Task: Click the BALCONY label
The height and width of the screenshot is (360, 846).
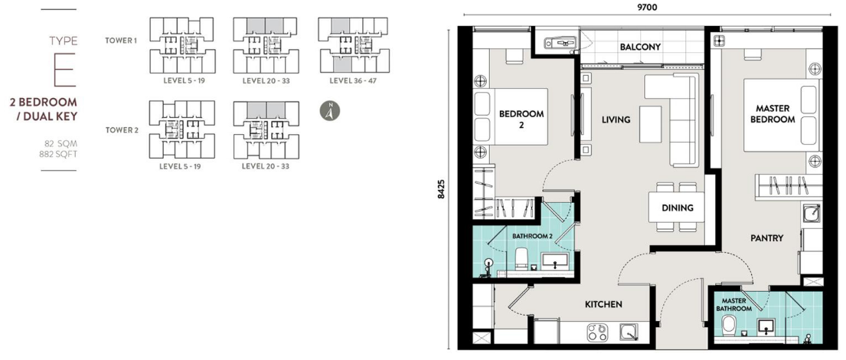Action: [x=640, y=47]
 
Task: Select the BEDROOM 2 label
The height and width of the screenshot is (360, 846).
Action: [x=521, y=119]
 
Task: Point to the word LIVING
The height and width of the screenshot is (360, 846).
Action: [x=616, y=119]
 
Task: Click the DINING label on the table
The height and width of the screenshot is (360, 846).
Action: [x=678, y=208]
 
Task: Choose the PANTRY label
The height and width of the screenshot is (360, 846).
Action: [x=766, y=238]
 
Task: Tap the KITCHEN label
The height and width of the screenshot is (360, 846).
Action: [x=603, y=304]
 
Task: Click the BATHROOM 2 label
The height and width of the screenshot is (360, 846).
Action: [x=532, y=236]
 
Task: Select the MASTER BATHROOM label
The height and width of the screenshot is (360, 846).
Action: [x=733, y=304]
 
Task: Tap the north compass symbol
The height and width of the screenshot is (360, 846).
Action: [x=329, y=110]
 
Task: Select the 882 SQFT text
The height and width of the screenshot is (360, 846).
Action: [x=63, y=154]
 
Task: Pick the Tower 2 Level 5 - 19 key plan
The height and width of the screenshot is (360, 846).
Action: [x=181, y=129]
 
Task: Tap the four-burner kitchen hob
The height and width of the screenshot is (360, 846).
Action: [x=596, y=332]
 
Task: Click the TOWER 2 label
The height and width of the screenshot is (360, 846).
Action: [x=121, y=130]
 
